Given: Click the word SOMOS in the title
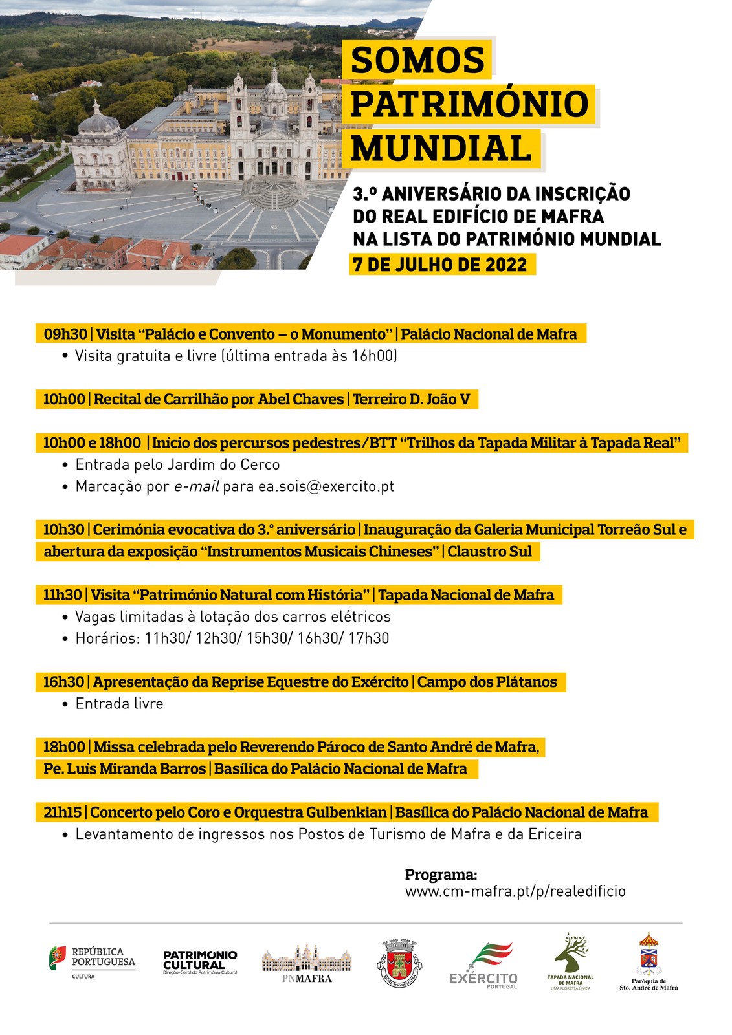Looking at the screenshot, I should click(x=417, y=60).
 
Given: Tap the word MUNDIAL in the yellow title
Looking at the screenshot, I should click(x=441, y=148).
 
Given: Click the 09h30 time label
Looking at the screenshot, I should click(x=65, y=334).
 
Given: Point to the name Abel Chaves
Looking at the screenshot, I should click(x=301, y=399).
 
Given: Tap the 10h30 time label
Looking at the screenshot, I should click(x=63, y=530).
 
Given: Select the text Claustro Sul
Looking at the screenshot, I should click(x=489, y=552).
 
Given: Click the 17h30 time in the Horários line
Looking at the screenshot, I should click(x=369, y=638).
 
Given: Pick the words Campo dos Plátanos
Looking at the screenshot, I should click(x=487, y=682).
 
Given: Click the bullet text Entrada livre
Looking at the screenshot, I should click(x=119, y=704).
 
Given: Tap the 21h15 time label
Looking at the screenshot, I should click(x=63, y=812).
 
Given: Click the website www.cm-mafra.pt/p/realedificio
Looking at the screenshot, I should click(x=515, y=891).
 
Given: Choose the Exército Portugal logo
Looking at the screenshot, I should click(x=483, y=964).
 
